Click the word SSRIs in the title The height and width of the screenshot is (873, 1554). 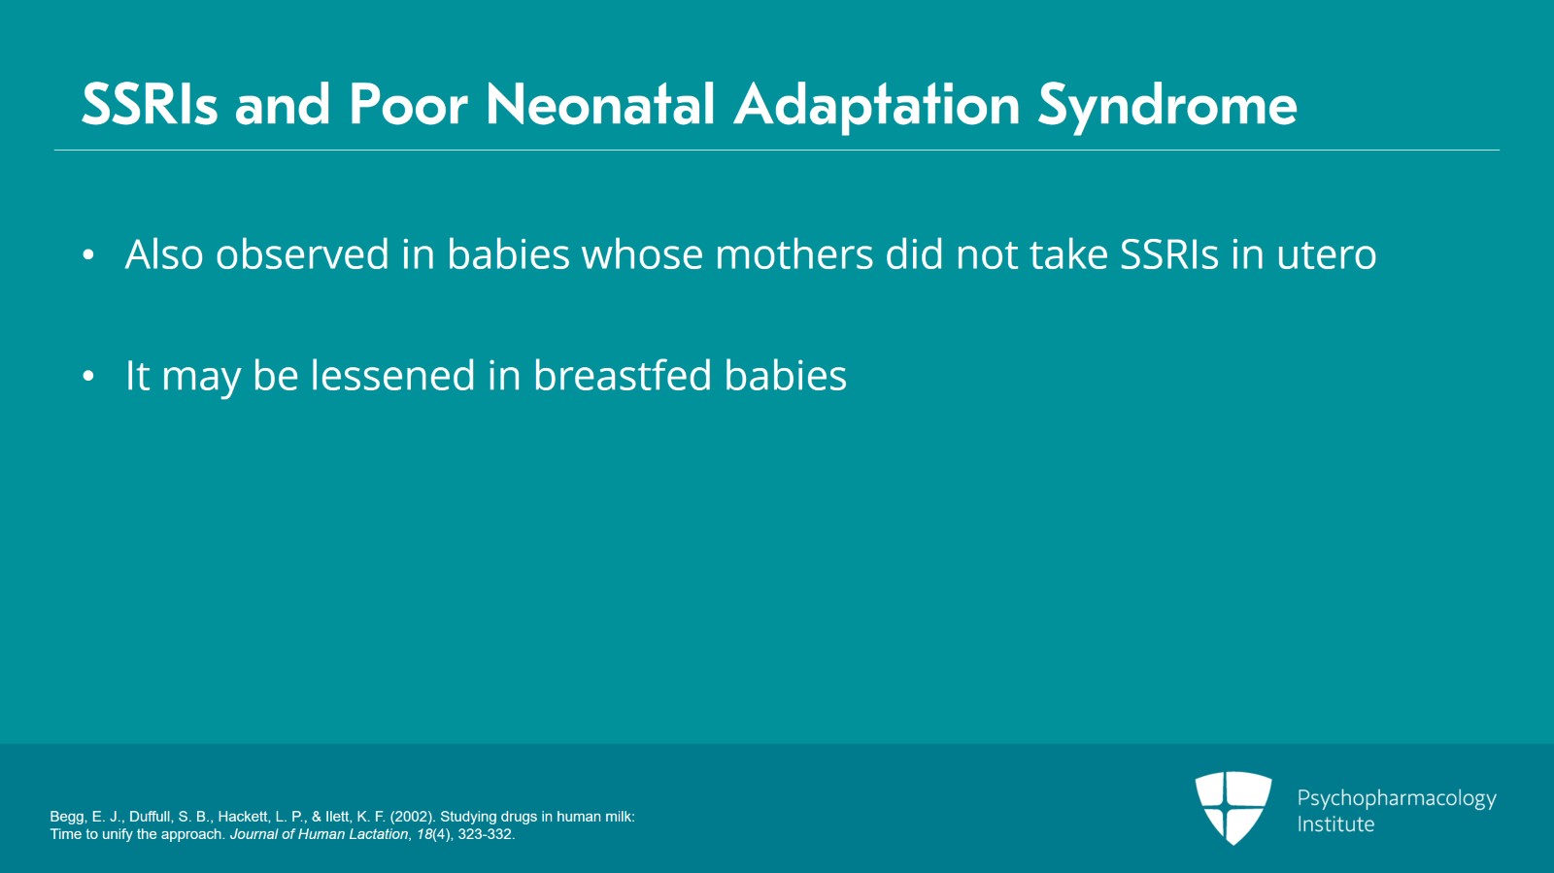(x=150, y=105)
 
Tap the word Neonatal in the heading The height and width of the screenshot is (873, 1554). (x=600, y=105)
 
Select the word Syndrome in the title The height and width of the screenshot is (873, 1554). (x=1167, y=107)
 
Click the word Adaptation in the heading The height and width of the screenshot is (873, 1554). (x=877, y=107)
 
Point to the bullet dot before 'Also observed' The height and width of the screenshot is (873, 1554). (x=88, y=255)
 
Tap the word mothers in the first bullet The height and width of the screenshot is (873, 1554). (x=794, y=253)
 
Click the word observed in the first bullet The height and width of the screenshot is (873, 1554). (x=302, y=253)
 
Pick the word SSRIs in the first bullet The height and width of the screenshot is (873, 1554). (x=1169, y=253)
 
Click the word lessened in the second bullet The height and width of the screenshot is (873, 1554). (x=392, y=375)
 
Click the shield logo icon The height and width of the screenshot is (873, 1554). (x=1233, y=808)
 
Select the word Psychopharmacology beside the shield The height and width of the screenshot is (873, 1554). (x=1397, y=799)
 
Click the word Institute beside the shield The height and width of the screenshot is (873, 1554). (x=1335, y=824)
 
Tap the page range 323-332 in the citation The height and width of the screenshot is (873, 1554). (x=485, y=834)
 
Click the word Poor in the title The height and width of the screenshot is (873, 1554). (x=408, y=105)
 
